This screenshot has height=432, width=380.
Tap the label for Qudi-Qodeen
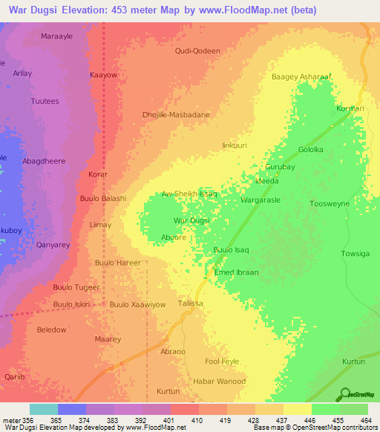coord(197,50)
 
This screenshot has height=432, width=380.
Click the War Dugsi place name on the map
coord(191,220)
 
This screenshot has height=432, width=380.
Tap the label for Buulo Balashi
coord(103,198)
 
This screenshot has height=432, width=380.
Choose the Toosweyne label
coord(329,203)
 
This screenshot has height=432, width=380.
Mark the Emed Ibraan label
coord(236,272)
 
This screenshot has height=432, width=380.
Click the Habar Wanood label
coord(219,382)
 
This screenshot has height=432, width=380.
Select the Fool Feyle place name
coord(222,361)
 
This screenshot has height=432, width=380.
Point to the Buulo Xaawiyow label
coord(137,305)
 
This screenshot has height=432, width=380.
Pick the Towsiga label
coord(354,254)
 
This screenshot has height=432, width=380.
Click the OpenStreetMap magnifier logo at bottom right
coord(344,394)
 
